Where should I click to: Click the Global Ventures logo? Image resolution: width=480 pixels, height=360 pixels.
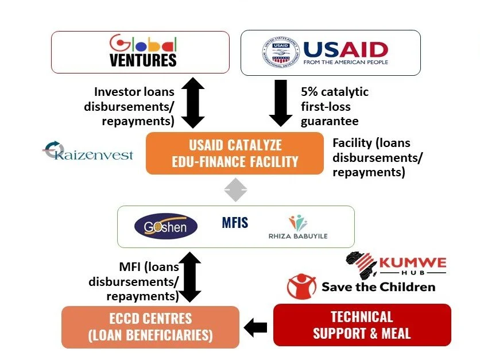[144, 52]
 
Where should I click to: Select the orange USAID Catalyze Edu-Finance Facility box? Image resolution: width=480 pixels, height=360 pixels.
[235, 153]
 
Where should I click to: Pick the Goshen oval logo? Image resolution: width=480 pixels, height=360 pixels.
[165, 226]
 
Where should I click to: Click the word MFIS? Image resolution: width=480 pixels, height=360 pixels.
[235, 223]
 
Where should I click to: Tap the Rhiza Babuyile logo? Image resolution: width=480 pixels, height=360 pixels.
[297, 227]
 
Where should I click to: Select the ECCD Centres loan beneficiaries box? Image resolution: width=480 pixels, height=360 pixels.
[150, 326]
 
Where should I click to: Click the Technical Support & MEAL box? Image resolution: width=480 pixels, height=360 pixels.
[362, 324]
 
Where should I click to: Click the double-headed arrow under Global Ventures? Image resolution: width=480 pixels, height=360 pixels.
[193, 103]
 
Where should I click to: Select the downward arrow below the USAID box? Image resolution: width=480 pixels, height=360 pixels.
[280, 102]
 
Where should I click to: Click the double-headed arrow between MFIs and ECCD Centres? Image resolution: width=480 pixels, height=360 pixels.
[190, 277]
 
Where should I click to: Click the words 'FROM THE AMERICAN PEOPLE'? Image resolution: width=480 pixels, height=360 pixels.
[346, 62]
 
